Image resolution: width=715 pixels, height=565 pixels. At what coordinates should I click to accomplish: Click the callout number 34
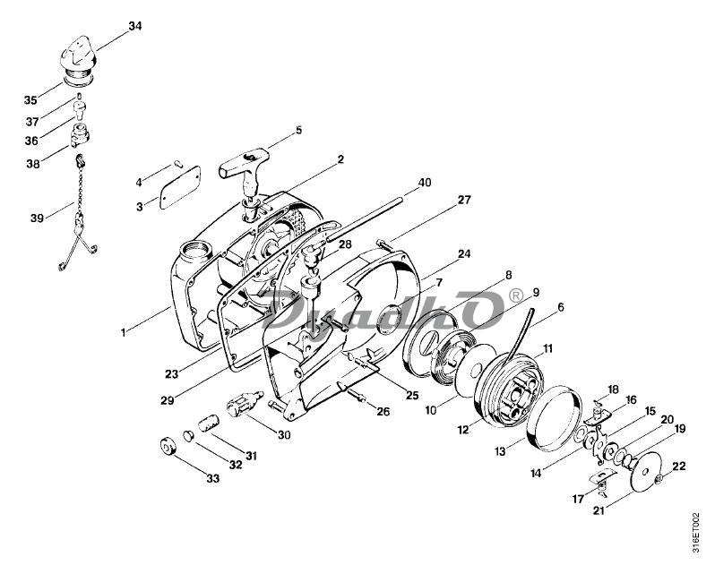click(x=135, y=26)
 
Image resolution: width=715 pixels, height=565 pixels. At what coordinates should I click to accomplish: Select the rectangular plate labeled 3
click(x=180, y=187)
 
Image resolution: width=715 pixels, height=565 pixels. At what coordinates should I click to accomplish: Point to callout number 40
click(x=424, y=183)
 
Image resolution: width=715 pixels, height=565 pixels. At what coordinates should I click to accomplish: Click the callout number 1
click(x=123, y=332)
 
